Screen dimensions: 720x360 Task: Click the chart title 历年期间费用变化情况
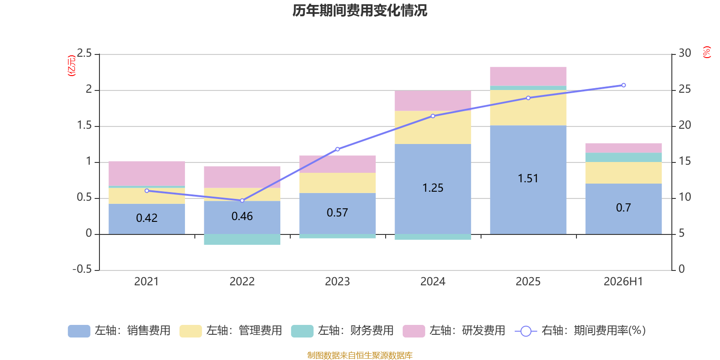click(360, 10)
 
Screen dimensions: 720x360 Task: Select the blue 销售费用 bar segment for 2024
click(432, 189)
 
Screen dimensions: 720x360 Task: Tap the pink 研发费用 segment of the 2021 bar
click(147, 173)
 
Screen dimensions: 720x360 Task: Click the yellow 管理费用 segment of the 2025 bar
click(528, 108)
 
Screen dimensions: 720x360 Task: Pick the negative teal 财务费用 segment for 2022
click(242, 239)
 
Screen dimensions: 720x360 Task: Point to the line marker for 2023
click(337, 149)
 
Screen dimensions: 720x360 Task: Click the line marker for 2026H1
click(624, 85)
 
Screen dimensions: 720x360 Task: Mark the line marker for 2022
click(242, 201)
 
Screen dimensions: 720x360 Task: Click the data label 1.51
click(528, 178)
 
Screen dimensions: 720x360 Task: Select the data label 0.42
click(147, 218)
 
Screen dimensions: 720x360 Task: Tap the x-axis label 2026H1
click(623, 282)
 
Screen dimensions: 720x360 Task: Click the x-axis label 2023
click(337, 282)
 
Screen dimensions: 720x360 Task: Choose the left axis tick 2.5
click(84, 53)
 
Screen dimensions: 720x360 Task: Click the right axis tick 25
click(684, 89)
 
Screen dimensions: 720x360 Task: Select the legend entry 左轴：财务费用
click(342, 331)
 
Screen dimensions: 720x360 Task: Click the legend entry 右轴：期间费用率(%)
click(580, 331)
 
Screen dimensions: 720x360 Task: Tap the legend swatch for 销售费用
click(79, 331)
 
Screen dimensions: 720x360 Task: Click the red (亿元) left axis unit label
click(72, 66)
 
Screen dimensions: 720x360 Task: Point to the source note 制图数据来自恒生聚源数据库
click(360, 355)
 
